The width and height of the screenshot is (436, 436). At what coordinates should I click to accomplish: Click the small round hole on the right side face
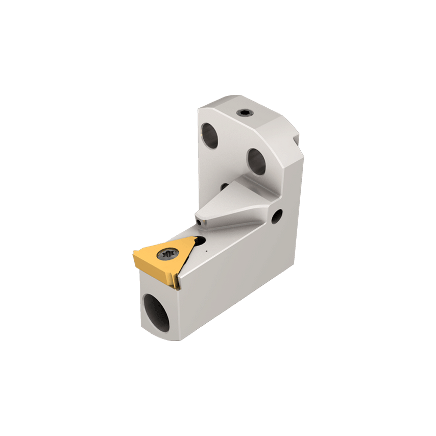point(277,216)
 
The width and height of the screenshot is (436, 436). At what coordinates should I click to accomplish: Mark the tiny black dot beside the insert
point(205,251)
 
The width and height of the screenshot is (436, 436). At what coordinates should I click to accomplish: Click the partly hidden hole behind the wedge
point(224,187)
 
